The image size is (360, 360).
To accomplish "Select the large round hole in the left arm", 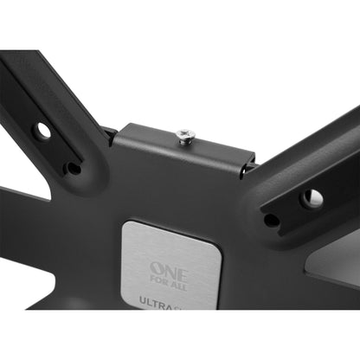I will click(42, 130).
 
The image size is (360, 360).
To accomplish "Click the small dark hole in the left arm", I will click(74, 168).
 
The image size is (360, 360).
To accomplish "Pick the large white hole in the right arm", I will click(312, 198).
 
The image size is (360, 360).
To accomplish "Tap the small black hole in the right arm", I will click(271, 220).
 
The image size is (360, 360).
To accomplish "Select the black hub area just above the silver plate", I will click(173, 199).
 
